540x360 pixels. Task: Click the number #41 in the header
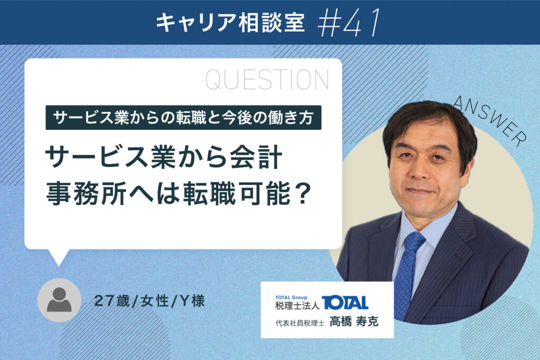coord(349,22)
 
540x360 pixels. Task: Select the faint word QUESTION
coord(267,80)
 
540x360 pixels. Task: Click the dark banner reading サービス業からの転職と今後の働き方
coord(183,118)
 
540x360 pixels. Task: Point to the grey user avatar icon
coord(59,300)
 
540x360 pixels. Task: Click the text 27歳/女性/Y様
coord(149,301)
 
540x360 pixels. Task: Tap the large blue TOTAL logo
coord(345,303)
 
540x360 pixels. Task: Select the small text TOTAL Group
coord(291,297)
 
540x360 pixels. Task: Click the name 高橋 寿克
coord(354,322)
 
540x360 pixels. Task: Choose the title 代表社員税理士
coord(300,323)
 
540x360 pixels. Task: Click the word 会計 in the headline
coord(257,158)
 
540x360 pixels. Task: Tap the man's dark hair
coord(427,119)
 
